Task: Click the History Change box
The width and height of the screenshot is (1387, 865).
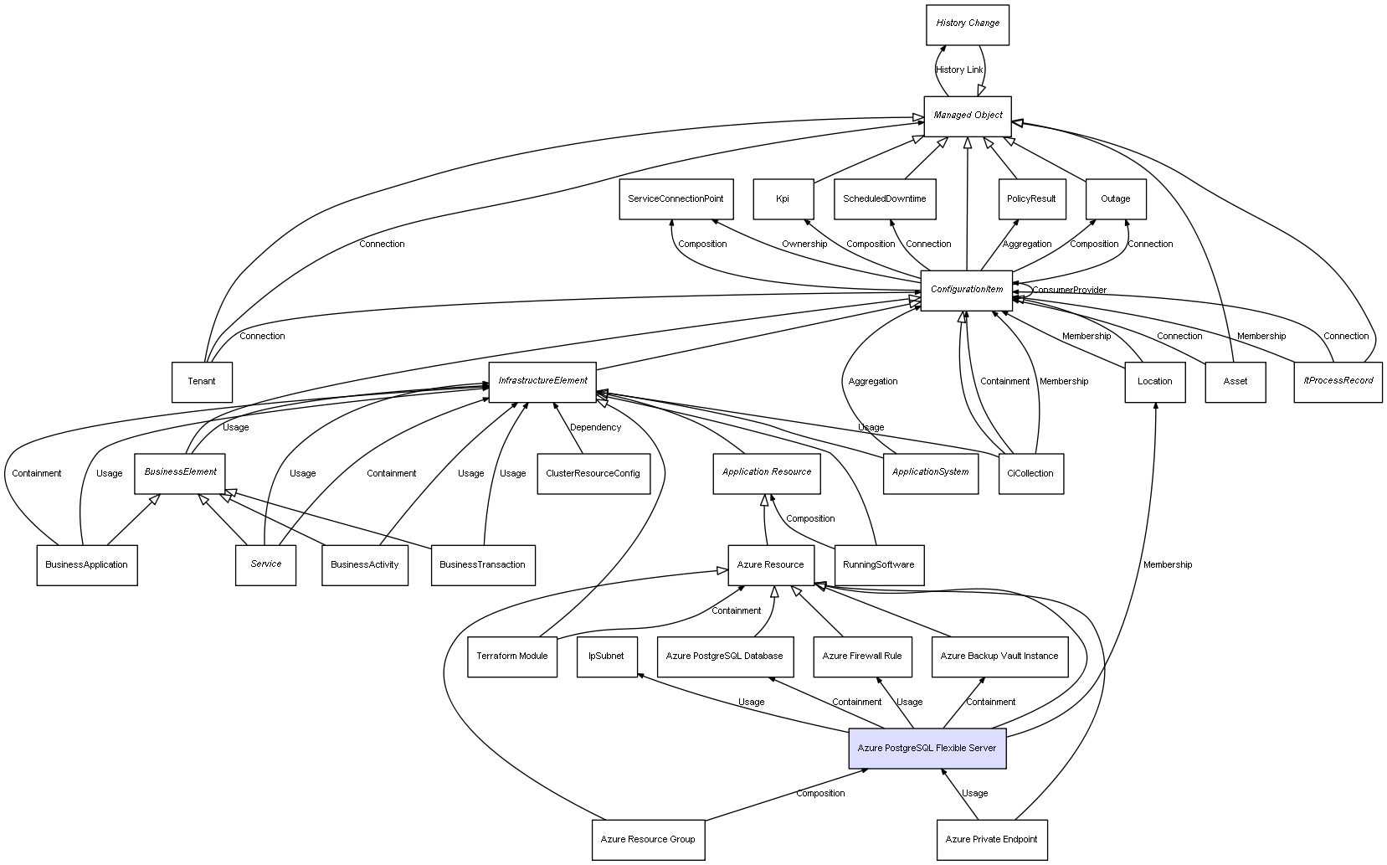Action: tap(967, 24)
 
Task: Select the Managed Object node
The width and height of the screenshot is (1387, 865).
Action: tap(968, 116)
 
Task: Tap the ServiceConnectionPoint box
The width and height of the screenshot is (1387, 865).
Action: tap(676, 199)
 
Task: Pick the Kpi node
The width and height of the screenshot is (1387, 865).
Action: tap(783, 199)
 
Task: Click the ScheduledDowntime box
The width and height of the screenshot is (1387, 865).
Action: tap(884, 199)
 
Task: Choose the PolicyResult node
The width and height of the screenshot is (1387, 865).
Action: tap(1031, 199)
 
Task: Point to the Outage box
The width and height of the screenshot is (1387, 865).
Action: tap(1115, 199)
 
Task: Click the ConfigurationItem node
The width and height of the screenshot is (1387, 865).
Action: tap(967, 290)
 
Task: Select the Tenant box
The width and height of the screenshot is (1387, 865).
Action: tap(201, 382)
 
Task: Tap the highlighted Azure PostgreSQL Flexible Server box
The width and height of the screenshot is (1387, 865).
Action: tap(927, 749)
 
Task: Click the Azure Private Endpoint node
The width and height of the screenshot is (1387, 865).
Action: tap(991, 839)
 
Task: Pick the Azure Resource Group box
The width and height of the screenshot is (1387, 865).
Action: tap(648, 839)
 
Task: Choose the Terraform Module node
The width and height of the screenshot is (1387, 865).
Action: tap(511, 656)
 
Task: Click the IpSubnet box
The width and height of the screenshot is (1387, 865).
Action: tap(606, 656)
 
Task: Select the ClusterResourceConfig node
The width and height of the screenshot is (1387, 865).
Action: tap(593, 474)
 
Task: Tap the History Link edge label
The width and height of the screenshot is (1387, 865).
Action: tap(959, 70)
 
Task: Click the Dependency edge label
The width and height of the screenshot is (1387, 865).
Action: tap(595, 428)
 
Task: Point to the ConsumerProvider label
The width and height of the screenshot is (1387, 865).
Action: tap(1069, 291)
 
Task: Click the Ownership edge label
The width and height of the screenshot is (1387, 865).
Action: tap(804, 245)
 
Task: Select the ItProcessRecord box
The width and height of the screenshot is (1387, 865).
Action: tap(1338, 382)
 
